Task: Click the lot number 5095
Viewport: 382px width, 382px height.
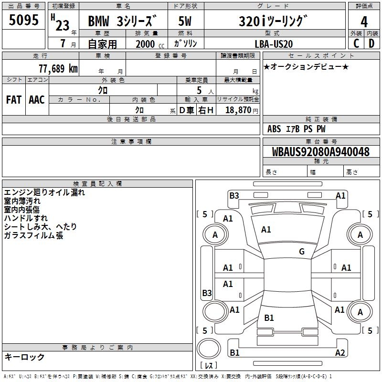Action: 24,21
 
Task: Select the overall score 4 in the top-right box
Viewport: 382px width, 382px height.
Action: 364,21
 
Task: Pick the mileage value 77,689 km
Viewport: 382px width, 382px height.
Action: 58,68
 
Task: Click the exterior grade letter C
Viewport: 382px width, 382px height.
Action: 356,43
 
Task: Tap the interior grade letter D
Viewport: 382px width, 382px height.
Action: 372,43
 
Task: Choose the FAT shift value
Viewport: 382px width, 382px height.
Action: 13,99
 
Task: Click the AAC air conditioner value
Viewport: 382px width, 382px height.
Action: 37,99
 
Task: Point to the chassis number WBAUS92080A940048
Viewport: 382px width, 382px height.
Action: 320,152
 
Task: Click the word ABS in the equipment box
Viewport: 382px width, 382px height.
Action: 274,129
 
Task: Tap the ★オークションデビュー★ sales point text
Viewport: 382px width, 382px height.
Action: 306,66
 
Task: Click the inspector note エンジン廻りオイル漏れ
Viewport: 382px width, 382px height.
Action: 44,192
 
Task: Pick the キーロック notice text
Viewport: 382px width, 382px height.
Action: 24,357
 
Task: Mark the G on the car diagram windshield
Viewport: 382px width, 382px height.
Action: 302,251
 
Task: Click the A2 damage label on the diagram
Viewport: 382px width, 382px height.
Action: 340,353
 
